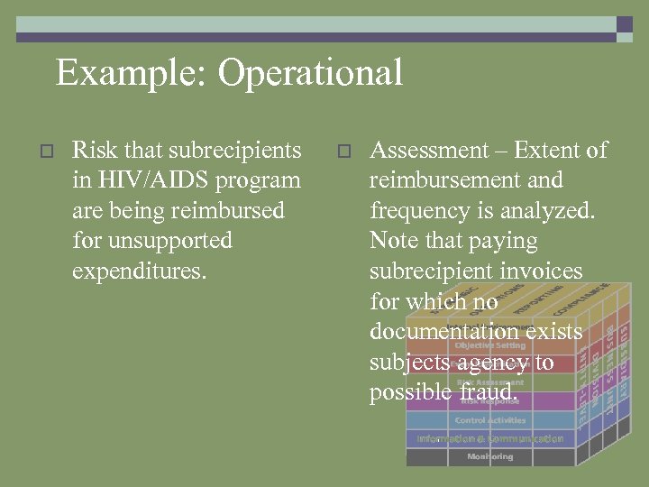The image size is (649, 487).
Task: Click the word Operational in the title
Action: [x=310, y=73]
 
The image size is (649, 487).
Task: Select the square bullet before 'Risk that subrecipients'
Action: [x=49, y=152]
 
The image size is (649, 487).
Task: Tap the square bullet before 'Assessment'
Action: [x=343, y=152]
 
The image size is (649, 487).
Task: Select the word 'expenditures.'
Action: [x=139, y=271]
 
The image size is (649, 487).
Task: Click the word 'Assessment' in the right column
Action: [x=429, y=150]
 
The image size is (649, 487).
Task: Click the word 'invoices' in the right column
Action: [x=540, y=271]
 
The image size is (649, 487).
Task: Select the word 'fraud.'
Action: [x=489, y=393]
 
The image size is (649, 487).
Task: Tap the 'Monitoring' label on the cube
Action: [x=489, y=457]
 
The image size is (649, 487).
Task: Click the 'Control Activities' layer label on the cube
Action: [x=489, y=420]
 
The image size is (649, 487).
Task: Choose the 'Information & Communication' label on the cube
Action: [x=489, y=439]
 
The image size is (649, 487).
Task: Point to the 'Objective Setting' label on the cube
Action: [x=489, y=345]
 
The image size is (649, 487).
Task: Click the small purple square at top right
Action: [x=625, y=24]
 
